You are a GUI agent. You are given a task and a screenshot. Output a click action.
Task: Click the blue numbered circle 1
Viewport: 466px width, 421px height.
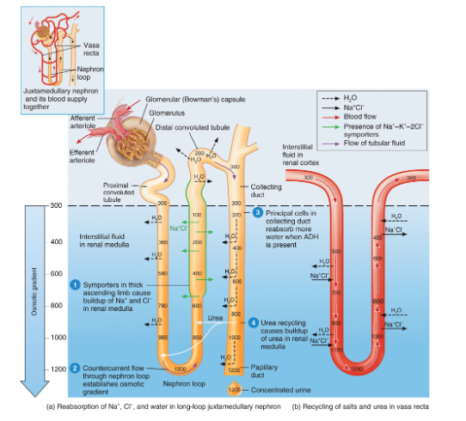click(x=76, y=284)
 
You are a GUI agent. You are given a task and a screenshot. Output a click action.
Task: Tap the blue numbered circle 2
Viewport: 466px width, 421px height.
click(x=76, y=367)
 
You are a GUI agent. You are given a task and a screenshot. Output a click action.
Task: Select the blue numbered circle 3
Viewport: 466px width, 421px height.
click(x=256, y=212)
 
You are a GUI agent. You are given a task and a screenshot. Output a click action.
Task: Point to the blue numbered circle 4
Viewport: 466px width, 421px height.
click(x=254, y=322)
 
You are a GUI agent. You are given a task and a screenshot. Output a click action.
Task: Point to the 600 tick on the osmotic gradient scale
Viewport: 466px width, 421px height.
click(x=58, y=273)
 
